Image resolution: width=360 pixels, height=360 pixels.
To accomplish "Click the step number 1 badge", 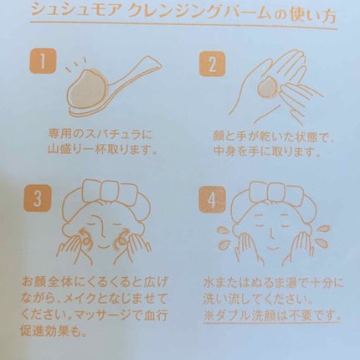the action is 43,62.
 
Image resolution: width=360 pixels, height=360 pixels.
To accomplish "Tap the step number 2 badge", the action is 213,64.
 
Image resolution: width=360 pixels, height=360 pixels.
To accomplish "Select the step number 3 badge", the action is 39,198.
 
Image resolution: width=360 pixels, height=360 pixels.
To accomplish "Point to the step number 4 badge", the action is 213,199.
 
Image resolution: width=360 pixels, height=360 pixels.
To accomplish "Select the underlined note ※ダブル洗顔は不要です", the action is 272,316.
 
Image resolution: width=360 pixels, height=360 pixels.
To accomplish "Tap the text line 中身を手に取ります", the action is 266,151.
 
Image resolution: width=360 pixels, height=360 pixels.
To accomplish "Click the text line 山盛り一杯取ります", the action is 102,150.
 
